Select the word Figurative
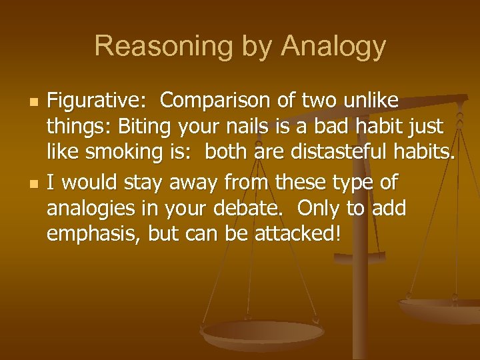coord(97,101)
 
